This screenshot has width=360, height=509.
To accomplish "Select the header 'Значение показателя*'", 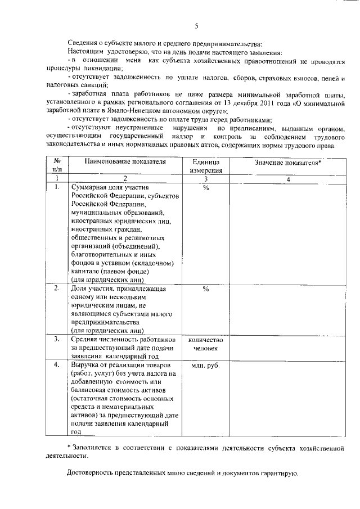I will tap(287, 163).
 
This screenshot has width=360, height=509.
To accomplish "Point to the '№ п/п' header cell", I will tap(57, 166).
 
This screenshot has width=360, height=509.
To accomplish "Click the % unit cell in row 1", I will tap(206, 188).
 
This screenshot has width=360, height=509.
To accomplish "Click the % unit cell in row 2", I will tap(206, 289).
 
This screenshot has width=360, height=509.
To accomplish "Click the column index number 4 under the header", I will tap(287, 179).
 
